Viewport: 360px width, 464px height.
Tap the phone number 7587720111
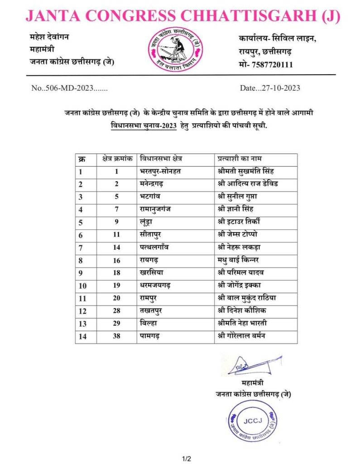(x=271, y=65)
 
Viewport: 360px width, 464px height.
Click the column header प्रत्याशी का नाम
(x=240, y=159)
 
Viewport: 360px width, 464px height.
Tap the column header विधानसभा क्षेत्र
(x=164, y=159)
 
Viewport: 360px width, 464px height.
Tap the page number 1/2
(x=187, y=459)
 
